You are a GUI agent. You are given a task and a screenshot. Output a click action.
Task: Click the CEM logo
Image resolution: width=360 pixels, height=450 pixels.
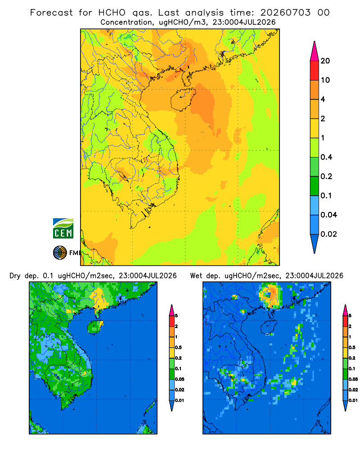point(63,229)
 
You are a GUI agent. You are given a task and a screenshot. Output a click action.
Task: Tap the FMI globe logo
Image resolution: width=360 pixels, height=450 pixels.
point(60,252)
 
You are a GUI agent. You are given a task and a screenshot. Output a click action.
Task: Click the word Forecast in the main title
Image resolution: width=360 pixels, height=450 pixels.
point(51,13)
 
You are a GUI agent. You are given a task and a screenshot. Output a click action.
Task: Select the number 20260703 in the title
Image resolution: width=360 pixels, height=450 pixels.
point(285,13)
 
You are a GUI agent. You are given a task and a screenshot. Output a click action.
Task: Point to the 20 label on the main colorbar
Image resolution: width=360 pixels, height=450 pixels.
point(325,61)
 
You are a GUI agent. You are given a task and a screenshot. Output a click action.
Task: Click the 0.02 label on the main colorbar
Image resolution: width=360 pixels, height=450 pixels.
point(328,234)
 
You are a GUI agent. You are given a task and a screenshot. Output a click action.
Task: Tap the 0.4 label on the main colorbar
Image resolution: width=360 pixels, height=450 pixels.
point(326,157)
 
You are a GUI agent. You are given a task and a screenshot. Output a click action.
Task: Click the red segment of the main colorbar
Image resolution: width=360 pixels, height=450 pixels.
point(315,70)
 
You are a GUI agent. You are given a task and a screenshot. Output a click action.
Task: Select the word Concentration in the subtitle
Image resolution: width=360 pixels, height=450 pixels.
point(126,22)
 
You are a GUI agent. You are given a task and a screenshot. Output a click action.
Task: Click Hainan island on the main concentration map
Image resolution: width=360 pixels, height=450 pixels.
point(183,99)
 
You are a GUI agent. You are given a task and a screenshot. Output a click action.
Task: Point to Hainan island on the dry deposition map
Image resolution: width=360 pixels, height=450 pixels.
point(95,327)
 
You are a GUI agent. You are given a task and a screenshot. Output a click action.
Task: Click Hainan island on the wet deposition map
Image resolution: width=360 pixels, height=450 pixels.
point(269,327)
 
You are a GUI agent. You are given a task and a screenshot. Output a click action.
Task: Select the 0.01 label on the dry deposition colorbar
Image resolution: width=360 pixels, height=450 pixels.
point(180,400)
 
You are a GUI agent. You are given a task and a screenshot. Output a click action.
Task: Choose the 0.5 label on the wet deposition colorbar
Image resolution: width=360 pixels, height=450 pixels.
point(352,347)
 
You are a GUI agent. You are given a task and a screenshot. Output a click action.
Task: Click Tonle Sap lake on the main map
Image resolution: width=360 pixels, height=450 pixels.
point(122,175)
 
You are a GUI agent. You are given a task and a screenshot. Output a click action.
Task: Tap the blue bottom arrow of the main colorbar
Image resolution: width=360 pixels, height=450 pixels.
point(315,243)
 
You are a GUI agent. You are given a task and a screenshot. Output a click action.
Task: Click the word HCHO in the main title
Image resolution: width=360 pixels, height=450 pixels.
point(112,13)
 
